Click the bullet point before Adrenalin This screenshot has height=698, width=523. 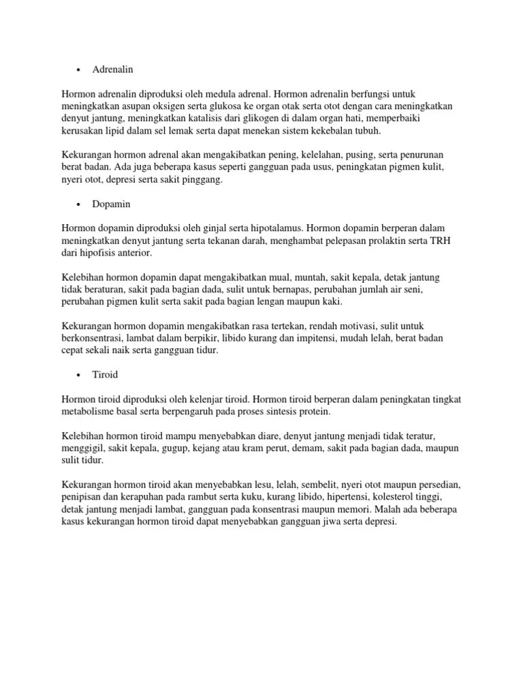point(79,70)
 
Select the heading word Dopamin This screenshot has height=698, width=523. point(112,204)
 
